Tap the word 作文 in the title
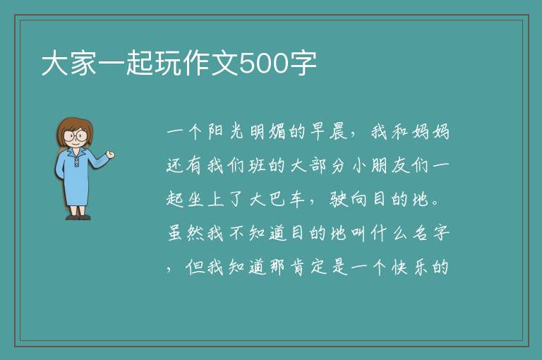[x=211, y=64]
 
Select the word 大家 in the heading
[x=69, y=64]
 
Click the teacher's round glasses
[x=76, y=136]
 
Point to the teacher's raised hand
[x=111, y=155]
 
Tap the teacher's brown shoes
[x=78, y=217]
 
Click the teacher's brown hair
[x=75, y=128]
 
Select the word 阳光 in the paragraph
[x=226, y=132]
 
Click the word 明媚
[x=267, y=132]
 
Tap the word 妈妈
[x=430, y=132]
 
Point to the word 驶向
[x=348, y=200]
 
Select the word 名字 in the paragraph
[x=431, y=233]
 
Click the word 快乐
[x=409, y=267]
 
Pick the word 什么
[x=390, y=233]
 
